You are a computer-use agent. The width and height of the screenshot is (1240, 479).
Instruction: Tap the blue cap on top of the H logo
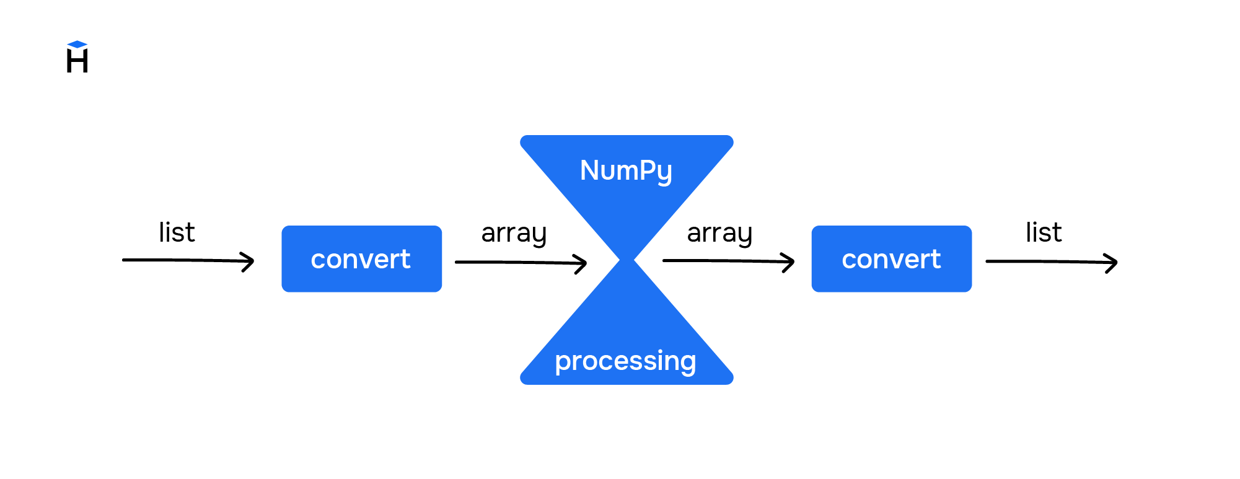coord(77,44)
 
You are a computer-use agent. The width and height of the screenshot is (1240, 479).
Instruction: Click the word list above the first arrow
coord(177,232)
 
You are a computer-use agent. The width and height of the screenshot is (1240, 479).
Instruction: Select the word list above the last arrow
coord(1044,232)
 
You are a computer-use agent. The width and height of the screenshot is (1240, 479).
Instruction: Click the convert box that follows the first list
coord(361,258)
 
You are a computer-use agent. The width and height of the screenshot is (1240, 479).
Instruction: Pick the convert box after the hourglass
coord(891,258)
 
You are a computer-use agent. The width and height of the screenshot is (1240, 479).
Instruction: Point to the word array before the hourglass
coord(514,234)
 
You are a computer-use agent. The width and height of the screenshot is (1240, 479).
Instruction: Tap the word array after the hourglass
coord(719,234)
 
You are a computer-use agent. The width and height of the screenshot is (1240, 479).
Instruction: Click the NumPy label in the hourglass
coord(626,170)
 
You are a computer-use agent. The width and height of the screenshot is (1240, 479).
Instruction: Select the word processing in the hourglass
coord(626,361)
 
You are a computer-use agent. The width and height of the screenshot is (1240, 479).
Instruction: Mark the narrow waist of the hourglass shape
coord(627,260)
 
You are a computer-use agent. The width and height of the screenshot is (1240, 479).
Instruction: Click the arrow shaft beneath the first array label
coord(514,263)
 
